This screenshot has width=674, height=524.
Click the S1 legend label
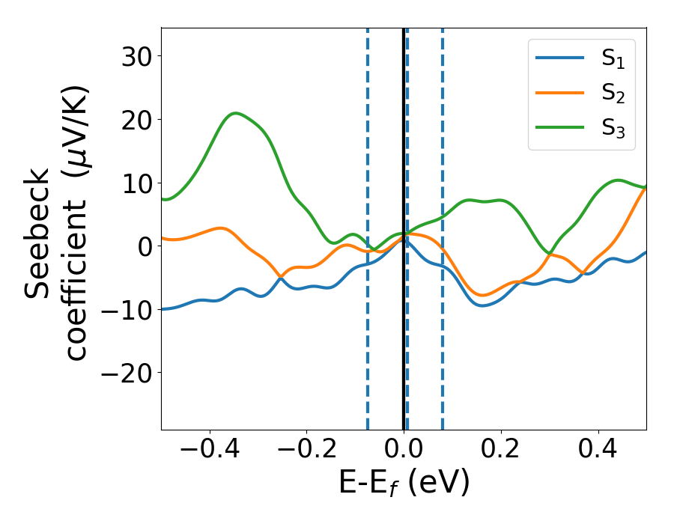pyautogui.click(x=613, y=60)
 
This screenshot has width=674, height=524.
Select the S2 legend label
pyautogui.click(x=613, y=94)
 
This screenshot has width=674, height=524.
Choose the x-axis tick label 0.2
pyautogui.click(x=501, y=451)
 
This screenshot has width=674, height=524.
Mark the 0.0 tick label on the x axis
pyautogui.click(x=404, y=451)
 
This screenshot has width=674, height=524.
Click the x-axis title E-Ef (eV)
pyautogui.click(x=404, y=484)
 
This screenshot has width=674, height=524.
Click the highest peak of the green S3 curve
pyautogui.click(x=236, y=113)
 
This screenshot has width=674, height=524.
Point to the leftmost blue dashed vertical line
pyautogui.click(x=368, y=225)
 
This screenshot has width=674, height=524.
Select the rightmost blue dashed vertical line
pyautogui.click(x=443, y=225)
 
